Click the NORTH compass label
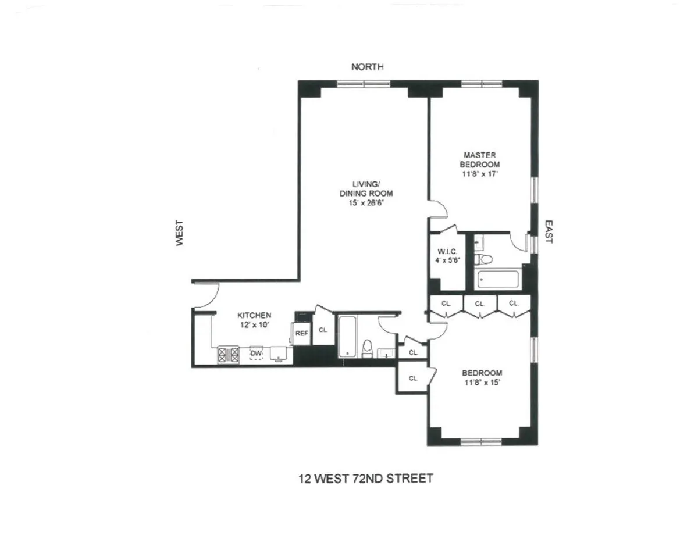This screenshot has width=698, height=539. (368, 67)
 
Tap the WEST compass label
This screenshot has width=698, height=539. (180, 232)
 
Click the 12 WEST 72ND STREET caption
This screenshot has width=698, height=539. (366, 479)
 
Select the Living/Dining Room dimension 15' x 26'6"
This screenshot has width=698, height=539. (366, 204)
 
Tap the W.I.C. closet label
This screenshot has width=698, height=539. (447, 252)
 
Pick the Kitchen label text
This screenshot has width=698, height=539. (254, 315)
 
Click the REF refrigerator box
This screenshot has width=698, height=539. (301, 333)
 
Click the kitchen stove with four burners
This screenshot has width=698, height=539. (229, 354)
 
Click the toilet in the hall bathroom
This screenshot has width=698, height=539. (367, 349)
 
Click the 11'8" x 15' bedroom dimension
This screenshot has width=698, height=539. (482, 383)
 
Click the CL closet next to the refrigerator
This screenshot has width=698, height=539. (323, 330)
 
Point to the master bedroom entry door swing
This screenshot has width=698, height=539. (437, 208)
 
